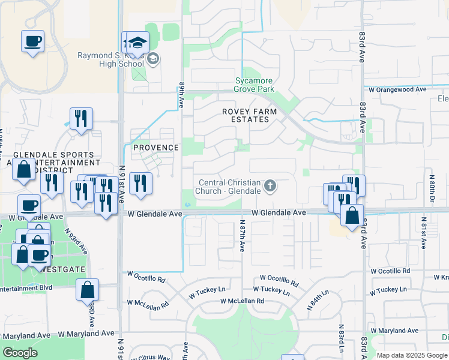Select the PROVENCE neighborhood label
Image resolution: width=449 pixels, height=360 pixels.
point(156,148)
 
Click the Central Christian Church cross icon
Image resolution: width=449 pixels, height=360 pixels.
point(270,186)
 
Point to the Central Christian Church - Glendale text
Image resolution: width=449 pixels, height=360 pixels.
point(230,187)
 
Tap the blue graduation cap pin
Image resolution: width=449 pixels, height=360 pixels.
point(137,43)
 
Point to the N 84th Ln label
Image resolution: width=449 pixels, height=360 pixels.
point(318,298)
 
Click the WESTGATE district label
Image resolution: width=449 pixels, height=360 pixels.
point(64,269)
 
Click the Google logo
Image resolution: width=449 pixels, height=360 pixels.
point(20,353)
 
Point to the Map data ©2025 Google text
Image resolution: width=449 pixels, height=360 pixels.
point(412,355)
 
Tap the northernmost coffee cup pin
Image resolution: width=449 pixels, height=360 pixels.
point(33,42)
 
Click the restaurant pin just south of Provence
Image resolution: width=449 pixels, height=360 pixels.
point(140,184)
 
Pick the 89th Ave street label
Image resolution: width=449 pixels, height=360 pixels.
point(181,95)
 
